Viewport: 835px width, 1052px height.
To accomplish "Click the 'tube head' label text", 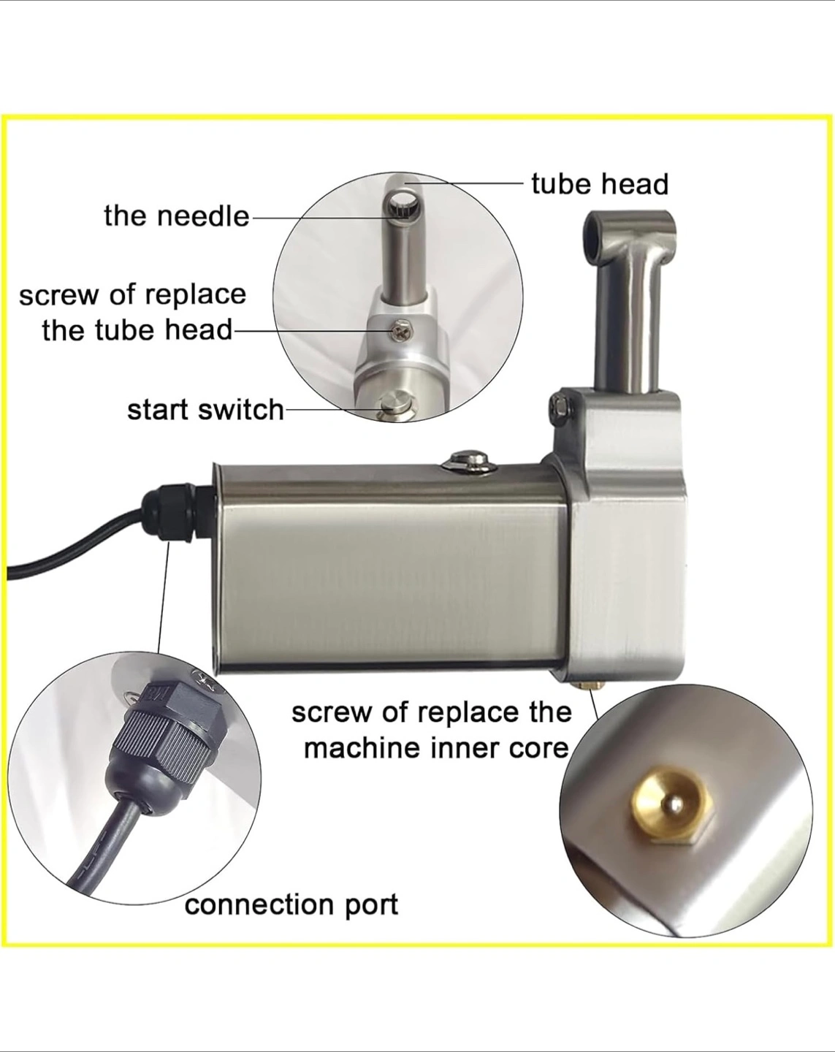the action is pos(599,185).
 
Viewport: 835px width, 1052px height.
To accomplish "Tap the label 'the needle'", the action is pos(177,216).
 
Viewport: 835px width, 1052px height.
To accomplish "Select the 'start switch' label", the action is pos(205,409).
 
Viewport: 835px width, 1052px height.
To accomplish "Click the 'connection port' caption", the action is pos(291,904).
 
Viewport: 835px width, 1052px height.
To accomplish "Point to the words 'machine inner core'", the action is pos(437,748).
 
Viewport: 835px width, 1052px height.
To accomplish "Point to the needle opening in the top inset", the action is pos(402,206).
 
